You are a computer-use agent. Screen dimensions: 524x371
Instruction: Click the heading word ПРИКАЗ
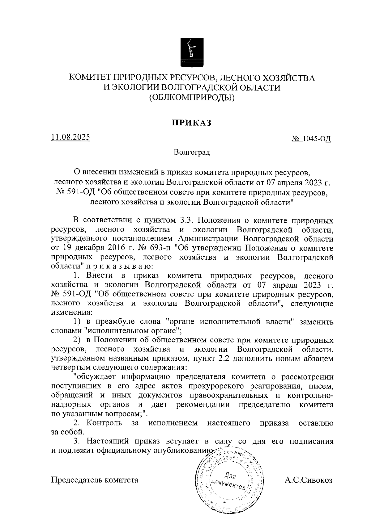pos(192,123)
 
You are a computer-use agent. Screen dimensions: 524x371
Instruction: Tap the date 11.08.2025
pos(71,136)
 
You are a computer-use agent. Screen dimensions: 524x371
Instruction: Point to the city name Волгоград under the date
pos(192,152)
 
